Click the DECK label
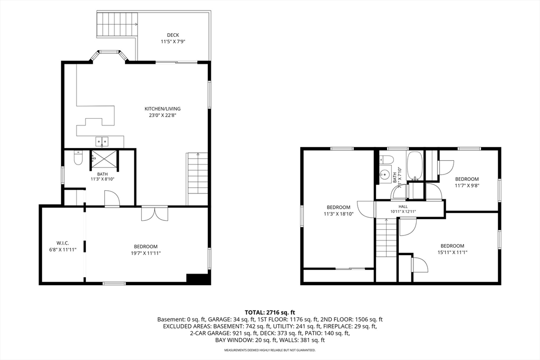click(173, 35)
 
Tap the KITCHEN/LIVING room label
click(162, 109)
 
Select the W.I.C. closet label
click(63, 243)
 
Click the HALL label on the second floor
click(403, 207)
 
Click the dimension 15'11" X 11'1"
click(452, 252)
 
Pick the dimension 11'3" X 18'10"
click(339, 213)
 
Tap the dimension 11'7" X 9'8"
click(467, 185)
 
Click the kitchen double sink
click(102, 141)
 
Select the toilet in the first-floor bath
click(78, 158)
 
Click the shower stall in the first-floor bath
click(104, 161)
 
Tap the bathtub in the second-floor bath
click(414, 165)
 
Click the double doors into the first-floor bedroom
click(155, 213)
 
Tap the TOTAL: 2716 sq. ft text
click(270, 313)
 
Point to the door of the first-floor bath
click(112, 199)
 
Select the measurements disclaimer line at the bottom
click(270, 350)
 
